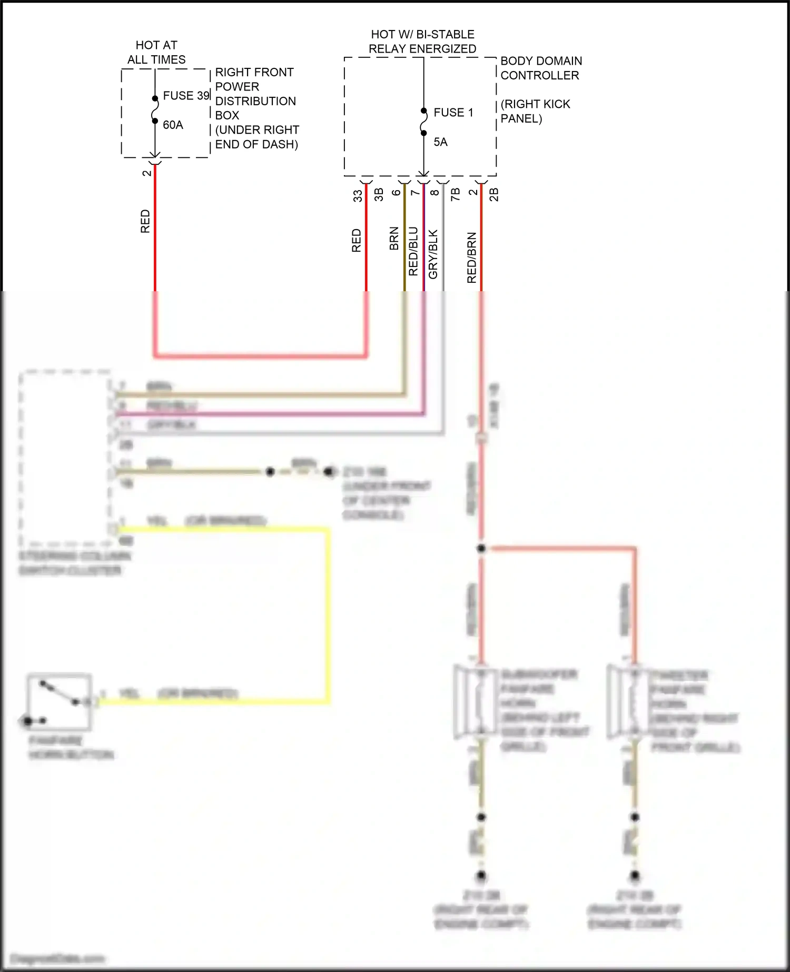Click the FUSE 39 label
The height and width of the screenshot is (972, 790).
[x=186, y=96]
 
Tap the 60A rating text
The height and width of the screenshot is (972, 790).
[x=173, y=125]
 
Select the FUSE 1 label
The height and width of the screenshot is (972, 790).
[x=453, y=113]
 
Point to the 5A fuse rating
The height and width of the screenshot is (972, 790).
[x=440, y=142]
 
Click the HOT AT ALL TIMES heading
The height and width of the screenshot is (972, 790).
[x=156, y=52]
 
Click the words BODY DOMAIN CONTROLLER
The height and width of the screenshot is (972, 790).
[x=540, y=68]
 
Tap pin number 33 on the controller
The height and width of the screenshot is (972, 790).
[x=358, y=196]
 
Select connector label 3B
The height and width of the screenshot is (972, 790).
[x=379, y=195]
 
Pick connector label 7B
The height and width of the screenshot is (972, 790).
[x=456, y=194]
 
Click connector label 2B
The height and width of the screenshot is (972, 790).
[x=493, y=194]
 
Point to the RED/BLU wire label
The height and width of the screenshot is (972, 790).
[x=413, y=251]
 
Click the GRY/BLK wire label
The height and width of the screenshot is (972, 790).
[x=433, y=254]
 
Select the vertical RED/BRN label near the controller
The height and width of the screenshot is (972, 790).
[x=471, y=257]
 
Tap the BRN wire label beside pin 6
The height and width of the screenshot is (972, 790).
[x=394, y=239]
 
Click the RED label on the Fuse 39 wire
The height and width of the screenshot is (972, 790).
[x=145, y=221]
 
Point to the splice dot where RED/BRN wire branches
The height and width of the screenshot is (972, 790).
[x=481, y=549]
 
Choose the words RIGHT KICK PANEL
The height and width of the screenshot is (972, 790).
[x=535, y=111]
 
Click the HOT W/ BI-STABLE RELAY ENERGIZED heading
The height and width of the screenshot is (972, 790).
[x=422, y=42]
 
